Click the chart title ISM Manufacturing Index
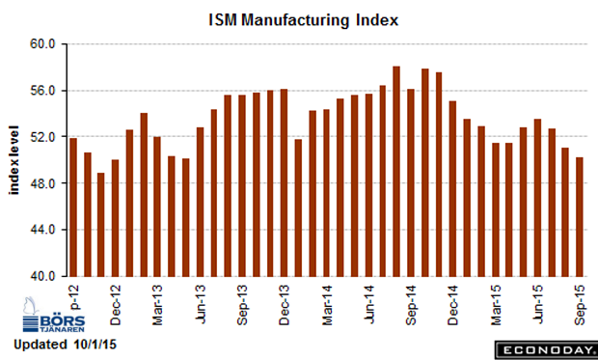304,20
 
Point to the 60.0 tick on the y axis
42,43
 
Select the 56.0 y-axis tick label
42,91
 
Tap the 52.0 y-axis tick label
42,137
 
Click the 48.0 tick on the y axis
42,183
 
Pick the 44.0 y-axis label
42,230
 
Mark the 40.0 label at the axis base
42,276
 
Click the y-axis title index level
14,160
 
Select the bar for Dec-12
115,218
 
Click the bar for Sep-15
580,217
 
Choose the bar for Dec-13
284,182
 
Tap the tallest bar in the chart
396,172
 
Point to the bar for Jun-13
200,202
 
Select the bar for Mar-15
496,209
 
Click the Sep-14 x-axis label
411,305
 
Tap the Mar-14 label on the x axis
327,305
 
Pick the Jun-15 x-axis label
537,304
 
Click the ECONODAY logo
546,350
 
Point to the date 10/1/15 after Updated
95,345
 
